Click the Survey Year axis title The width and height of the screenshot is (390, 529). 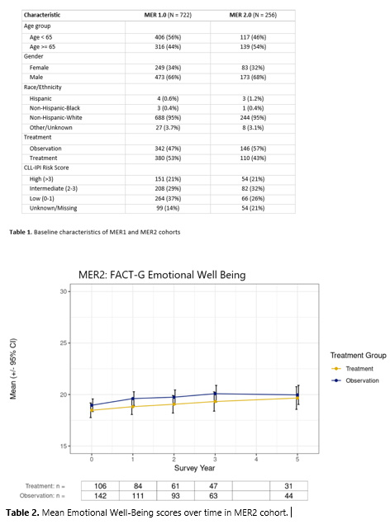[194, 468]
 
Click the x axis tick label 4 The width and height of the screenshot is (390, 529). [256, 457]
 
